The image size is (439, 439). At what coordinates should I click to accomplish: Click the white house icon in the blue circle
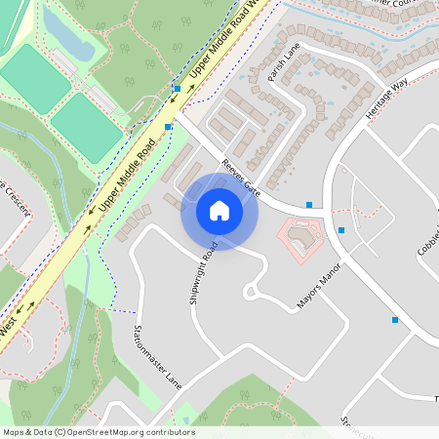point(219,210)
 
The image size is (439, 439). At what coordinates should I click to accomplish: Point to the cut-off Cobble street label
point(427,239)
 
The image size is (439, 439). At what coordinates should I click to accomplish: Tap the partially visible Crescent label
point(14,200)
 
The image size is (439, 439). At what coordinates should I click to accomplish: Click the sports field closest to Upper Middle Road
point(86,127)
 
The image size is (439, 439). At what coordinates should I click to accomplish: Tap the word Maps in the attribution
point(14,432)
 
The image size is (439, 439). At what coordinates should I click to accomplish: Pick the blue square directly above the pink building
point(309,205)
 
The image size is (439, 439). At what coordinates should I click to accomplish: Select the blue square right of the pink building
point(341,230)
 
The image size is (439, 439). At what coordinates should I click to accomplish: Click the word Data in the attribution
point(40,432)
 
